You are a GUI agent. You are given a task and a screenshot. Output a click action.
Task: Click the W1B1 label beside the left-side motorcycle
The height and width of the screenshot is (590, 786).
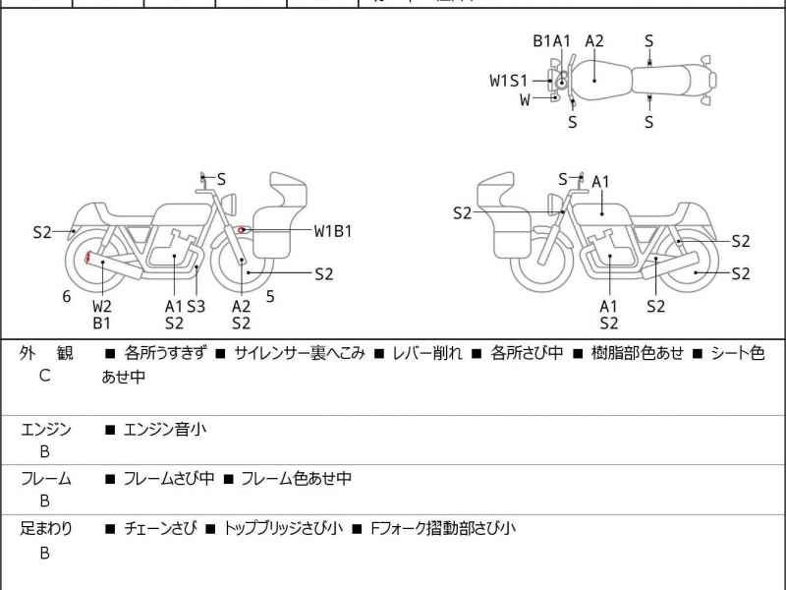click(333, 231)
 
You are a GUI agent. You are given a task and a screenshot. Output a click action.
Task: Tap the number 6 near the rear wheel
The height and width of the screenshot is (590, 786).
click(67, 296)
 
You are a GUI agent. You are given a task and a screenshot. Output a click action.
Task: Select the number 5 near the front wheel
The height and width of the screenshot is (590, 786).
click(269, 296)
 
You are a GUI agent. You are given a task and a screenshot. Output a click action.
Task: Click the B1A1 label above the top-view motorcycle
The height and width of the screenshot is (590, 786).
click(552, 40)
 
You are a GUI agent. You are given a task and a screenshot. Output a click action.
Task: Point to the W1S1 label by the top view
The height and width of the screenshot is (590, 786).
click(509, 81)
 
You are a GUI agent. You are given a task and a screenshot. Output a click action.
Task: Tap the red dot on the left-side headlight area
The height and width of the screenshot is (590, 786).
click(241, 229)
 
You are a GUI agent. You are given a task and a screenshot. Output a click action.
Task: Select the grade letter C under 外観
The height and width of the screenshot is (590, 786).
click(44, 376)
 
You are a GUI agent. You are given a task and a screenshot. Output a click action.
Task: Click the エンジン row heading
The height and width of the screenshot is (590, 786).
click(46, 429)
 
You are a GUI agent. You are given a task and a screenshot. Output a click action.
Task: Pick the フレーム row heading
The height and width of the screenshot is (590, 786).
click(46, 479)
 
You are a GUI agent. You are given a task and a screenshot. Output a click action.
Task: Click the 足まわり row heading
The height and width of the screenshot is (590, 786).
click(46, 528)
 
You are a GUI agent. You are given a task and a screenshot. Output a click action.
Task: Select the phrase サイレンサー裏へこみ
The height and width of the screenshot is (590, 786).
click(300, 352)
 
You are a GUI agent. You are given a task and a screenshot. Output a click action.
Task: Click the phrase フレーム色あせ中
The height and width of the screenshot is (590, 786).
click(296, 479)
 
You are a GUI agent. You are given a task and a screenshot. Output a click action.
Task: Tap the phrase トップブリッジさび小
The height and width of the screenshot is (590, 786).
click(283, 528)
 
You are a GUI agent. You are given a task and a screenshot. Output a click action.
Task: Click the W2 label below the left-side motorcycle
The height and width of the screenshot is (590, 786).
click(102, 306)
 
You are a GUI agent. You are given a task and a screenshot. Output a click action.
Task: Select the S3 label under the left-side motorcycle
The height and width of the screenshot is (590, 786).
click(196, 306)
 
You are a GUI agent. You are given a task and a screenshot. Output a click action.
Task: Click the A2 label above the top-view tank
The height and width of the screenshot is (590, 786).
click(594, 40)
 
